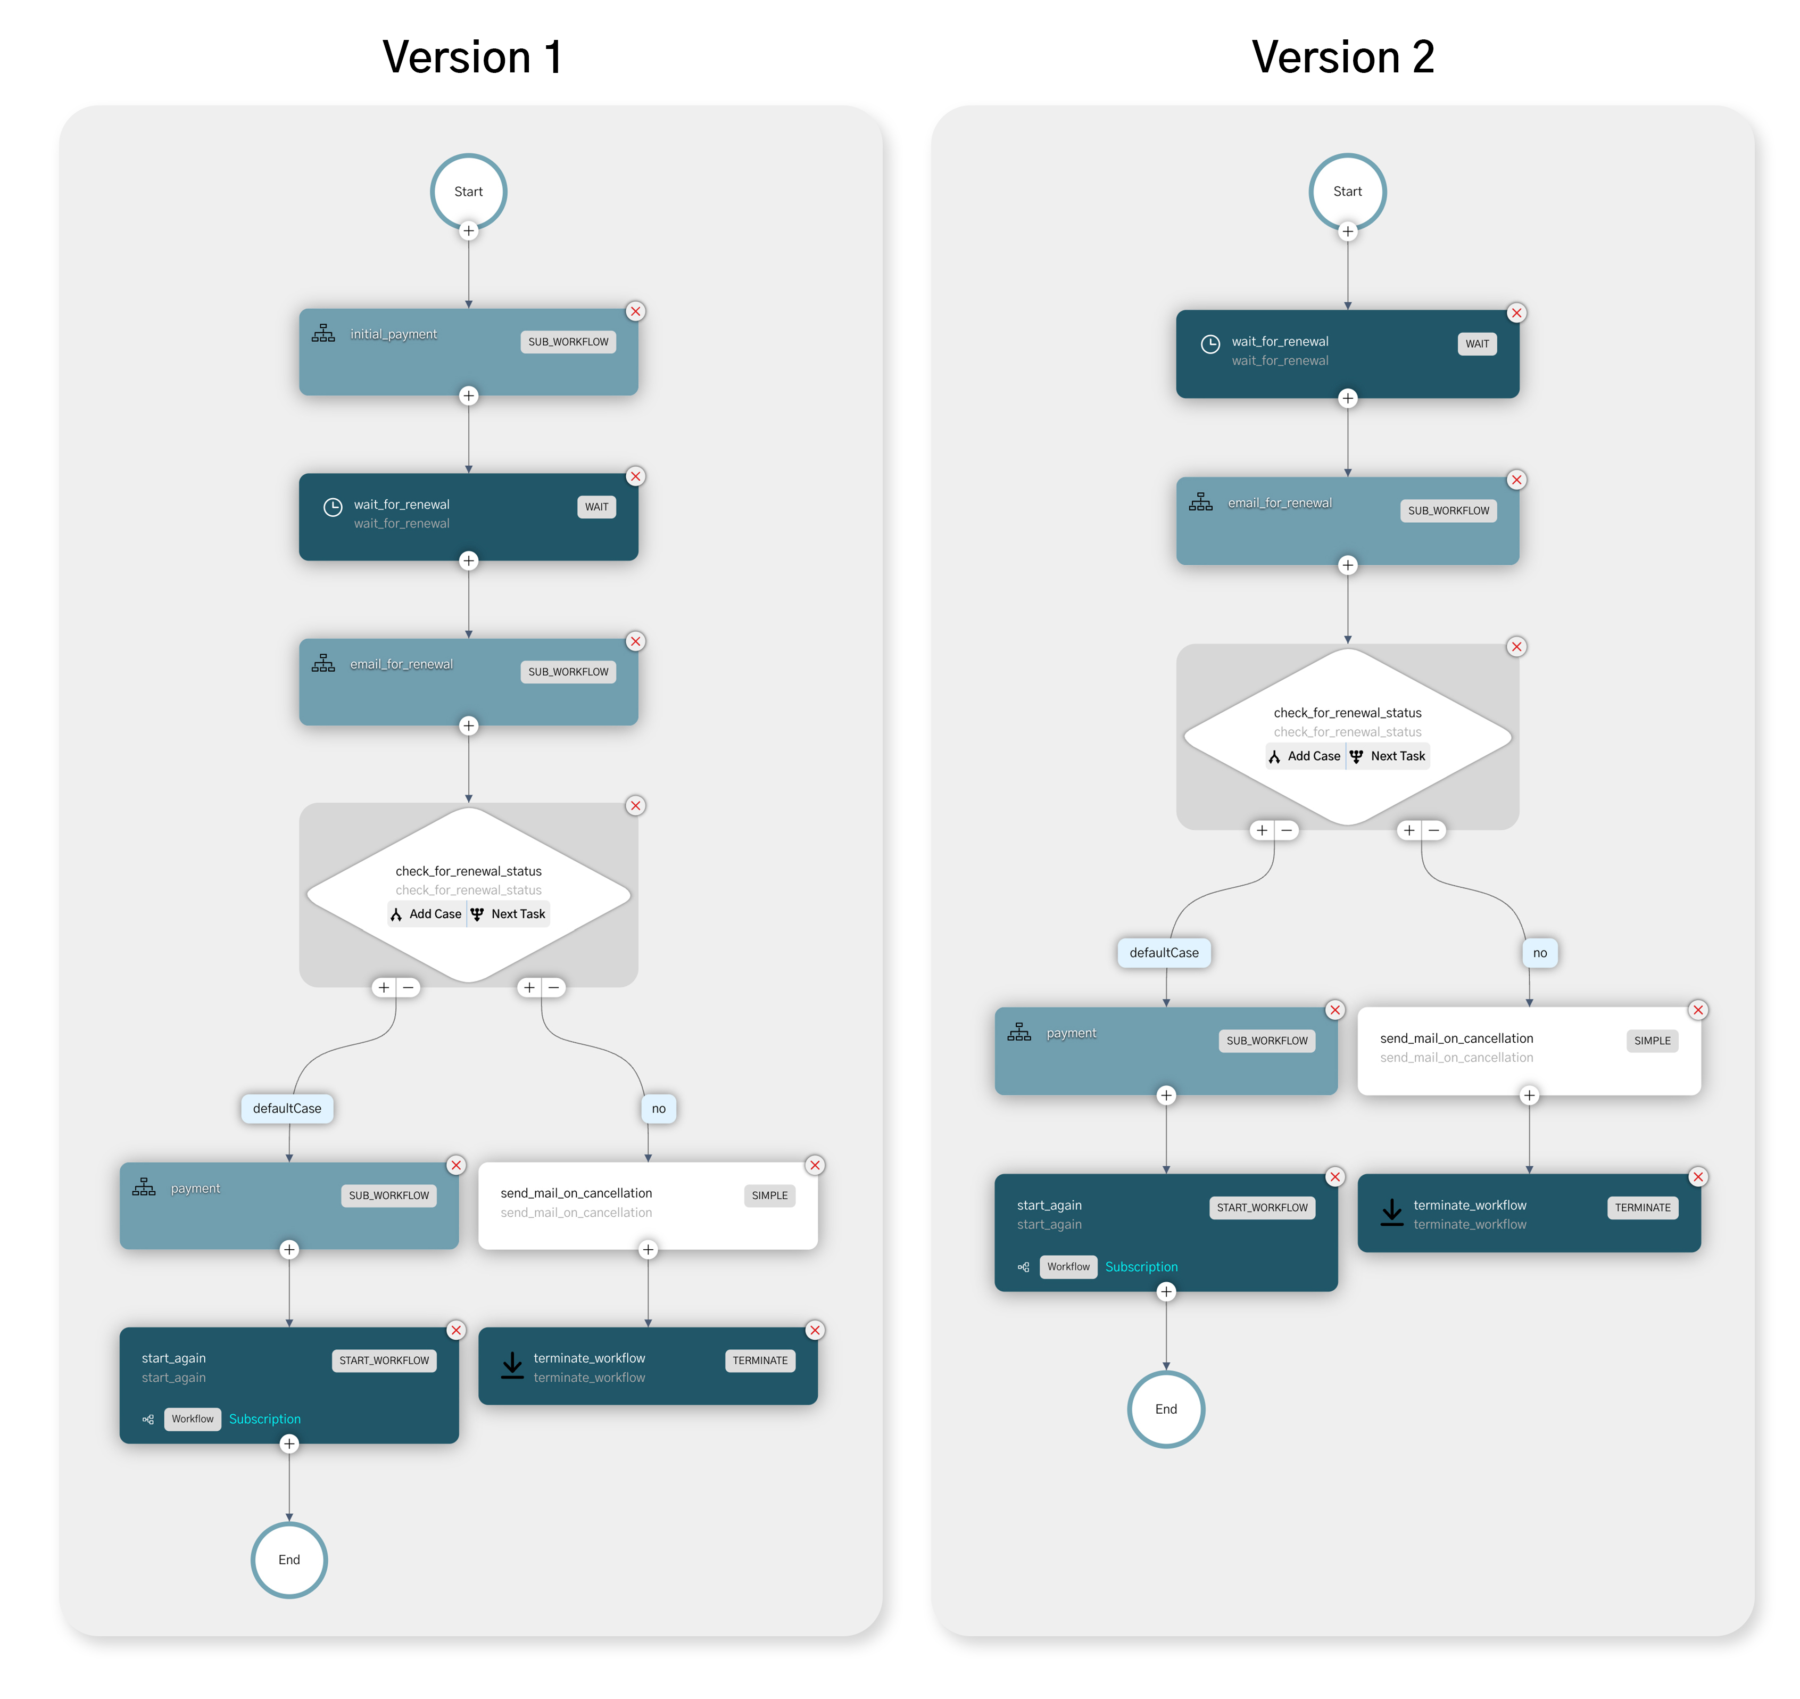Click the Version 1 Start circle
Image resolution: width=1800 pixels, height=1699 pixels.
468,191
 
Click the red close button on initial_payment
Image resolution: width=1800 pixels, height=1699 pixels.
636,311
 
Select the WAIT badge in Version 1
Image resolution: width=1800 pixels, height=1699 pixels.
596,506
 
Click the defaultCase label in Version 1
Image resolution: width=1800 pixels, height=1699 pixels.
287,1108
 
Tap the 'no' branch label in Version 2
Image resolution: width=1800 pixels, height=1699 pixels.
1539,952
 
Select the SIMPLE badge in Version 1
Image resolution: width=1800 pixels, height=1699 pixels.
769,1194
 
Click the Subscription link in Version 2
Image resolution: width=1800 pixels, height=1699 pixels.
1141,1266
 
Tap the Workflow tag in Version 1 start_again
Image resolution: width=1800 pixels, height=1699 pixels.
192,1418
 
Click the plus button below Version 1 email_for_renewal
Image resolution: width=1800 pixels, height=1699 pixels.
468,725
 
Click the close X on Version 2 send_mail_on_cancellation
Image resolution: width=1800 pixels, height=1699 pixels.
1698,1010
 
